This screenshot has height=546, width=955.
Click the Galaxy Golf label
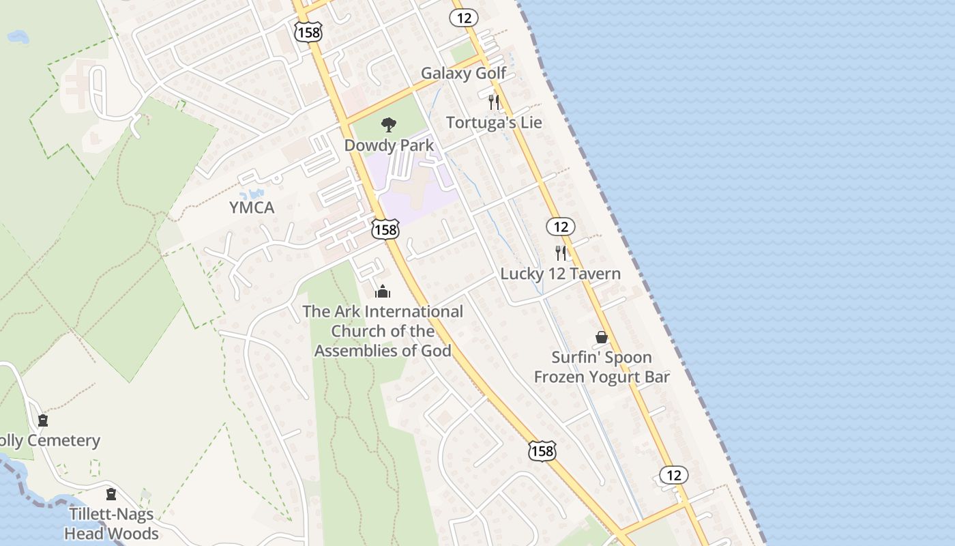pyautogui.click(x=463, y=73)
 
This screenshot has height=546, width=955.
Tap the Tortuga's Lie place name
pyautogui.click(x=494, y=123)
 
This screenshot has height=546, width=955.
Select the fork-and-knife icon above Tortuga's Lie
pyautogui.click(x=494, y=102)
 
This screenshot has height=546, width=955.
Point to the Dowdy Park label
pyautogui.click(x=389, y=145)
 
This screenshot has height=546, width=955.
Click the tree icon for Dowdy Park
pyautogui.click(x=389, y=124)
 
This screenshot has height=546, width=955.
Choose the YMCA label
pyautogui.click(x=252, y=207)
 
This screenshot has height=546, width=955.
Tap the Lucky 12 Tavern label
pyautogui.click(x=561, y=274)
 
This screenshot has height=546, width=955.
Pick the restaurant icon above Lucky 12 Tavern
pyautogui.click(x=561, y=253)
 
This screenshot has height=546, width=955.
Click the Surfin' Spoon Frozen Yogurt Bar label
pyautogui.click(x=602, y=367)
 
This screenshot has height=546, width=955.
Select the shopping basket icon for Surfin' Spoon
pyautogui.click(x=602, y=337)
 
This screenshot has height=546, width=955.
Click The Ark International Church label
pyautogui.click(x=383, y=331)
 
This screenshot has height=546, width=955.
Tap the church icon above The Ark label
pyautogui.click(x=383, y=292)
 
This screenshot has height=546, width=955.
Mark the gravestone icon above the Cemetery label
pyautogui.click(x=43, y=420)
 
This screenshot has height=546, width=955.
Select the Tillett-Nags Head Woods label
pyautogui.click(x=111, y=523)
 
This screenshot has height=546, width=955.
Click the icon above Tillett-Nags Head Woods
pyautogui.click(x=111, y=494)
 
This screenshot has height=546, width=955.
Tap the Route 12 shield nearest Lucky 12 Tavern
pyautogui.click(x=561, y=227)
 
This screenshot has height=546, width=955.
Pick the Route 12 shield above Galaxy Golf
pyautogui.click(x=464, y=18)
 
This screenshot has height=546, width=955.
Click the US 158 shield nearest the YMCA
pyautogui.click(x=385, y=229)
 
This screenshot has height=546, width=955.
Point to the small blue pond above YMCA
pyautogui.click(x=256, y=195)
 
